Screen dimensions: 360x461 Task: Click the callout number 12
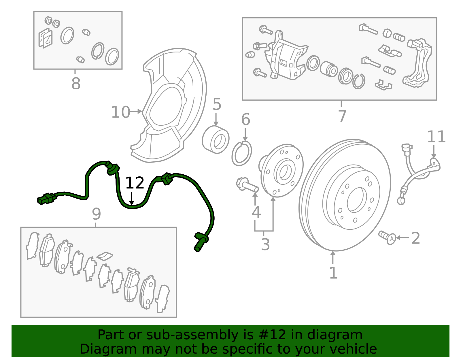(x=135, y=183)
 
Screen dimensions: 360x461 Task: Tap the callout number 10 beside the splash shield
(x=120, y=112)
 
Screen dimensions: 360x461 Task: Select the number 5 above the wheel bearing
(x=217, y=104)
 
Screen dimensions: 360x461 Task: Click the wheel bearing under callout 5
(x=216, y=140)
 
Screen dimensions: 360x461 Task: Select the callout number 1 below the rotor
(x=333, y=273)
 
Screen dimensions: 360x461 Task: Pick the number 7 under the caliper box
(x=342, y=116)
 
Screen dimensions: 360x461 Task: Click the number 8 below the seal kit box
(x=76, y=84)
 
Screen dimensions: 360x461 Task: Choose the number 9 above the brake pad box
(x=96, y=214)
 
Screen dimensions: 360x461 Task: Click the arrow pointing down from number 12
(x=132, y=199)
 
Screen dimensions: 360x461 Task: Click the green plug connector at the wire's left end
(x=46, y=199)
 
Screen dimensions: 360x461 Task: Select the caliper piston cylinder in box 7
(x=329, y=69)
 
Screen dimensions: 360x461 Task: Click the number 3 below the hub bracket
(x=265, y=244)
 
